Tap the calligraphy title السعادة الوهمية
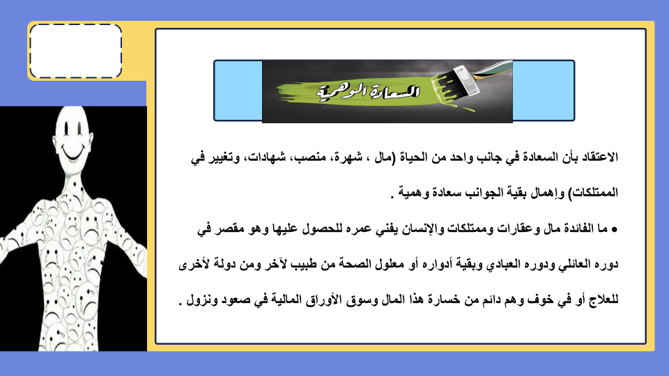[369, 91]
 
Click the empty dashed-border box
[75, 51]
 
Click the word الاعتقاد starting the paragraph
[599, 157]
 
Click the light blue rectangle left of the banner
[238, 91]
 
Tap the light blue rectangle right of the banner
[543, 91]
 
